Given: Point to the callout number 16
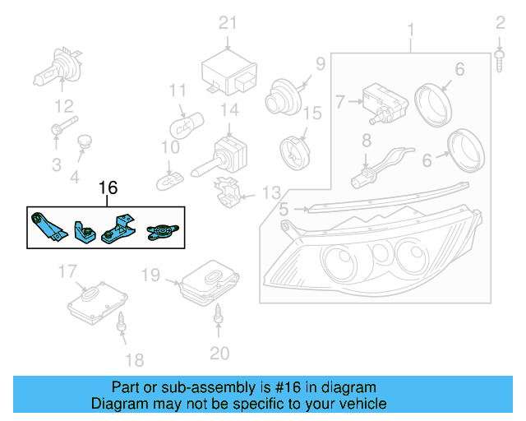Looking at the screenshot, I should [108, 188].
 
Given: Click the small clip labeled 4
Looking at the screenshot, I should [83, 145].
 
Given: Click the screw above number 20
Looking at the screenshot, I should [219, 313].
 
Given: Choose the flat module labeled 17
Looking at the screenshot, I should [96, 300].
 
